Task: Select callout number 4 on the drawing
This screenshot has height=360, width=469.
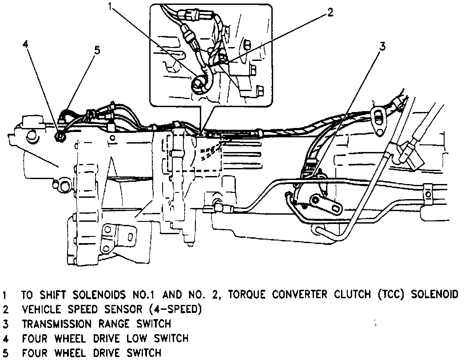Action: coord(26,44)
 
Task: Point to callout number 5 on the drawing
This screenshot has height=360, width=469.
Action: coord(96,49)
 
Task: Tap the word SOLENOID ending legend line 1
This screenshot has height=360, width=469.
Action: coord(436,295)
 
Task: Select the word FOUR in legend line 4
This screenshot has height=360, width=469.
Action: coord(32,339)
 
